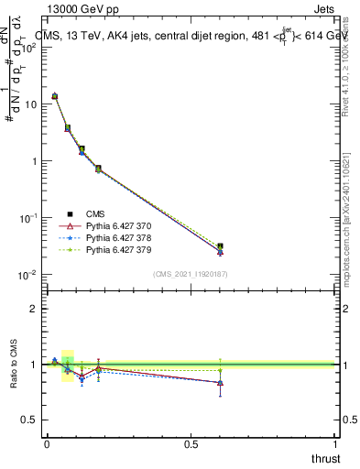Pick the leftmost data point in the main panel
click(x=54, y=95)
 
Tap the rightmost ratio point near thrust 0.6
click(x=220, y=382)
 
